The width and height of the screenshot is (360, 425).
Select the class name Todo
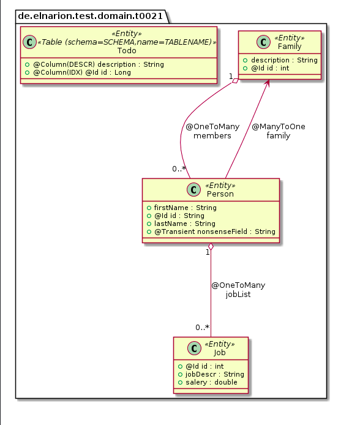coord(127,50)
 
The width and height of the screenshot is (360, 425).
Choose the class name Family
coord(289,47)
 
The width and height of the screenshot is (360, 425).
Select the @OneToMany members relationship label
coord(212,131)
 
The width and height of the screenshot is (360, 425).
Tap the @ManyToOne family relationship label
coord(279,131)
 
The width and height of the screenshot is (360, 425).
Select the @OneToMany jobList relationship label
coord(238,290)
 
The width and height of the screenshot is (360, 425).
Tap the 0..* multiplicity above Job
coord(203,328)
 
